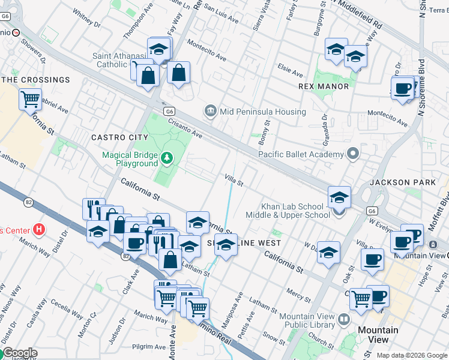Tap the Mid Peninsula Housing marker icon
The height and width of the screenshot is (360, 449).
coord(210,111)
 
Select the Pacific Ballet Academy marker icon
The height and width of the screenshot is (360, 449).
coord(353,154)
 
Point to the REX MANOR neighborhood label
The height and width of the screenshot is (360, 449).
coord(324,86)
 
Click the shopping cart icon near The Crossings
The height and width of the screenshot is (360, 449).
coord(29,98)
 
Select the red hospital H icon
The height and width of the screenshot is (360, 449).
coord(39,229)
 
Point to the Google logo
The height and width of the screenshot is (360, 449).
coord(20,353)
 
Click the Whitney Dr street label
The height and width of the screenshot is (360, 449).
coord(86,20)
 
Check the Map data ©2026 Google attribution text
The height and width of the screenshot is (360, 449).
coord(412,355)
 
